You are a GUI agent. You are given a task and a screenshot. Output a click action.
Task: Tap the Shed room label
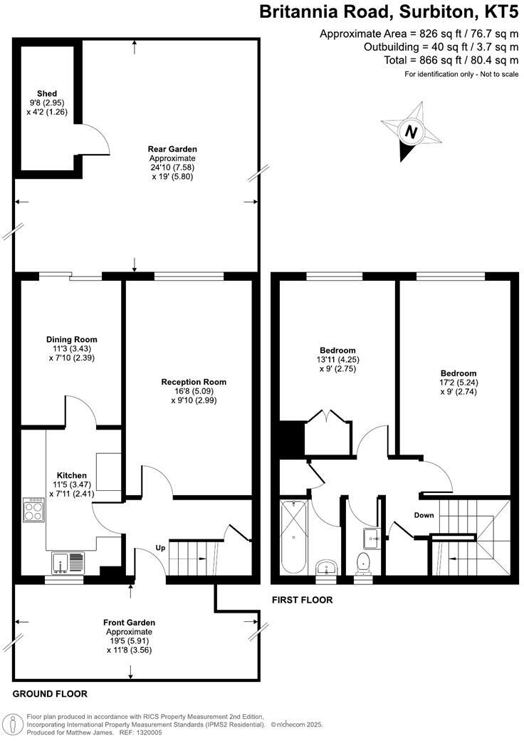[x=48, y=93]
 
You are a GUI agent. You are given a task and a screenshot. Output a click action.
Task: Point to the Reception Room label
[x=194, y=382]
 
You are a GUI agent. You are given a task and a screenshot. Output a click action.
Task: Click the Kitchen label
[x=72, y=475]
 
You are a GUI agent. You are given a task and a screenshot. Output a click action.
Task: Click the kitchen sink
[x=68, y=563]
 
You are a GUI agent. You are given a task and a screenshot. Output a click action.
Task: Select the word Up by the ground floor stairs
[x=162, y=548]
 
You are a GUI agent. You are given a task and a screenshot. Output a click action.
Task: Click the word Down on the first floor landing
[x=424, y=514]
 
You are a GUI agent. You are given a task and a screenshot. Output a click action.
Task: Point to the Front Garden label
[x=129, y=622]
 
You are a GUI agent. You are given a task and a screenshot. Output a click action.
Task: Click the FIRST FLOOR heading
[x=302, y=600]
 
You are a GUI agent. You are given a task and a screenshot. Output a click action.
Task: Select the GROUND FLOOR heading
[x=50, y=693]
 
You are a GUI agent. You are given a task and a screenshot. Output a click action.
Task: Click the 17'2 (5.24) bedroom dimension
[x=458, y=383]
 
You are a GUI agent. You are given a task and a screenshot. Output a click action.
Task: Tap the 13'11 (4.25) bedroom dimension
[x=337, y=360]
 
